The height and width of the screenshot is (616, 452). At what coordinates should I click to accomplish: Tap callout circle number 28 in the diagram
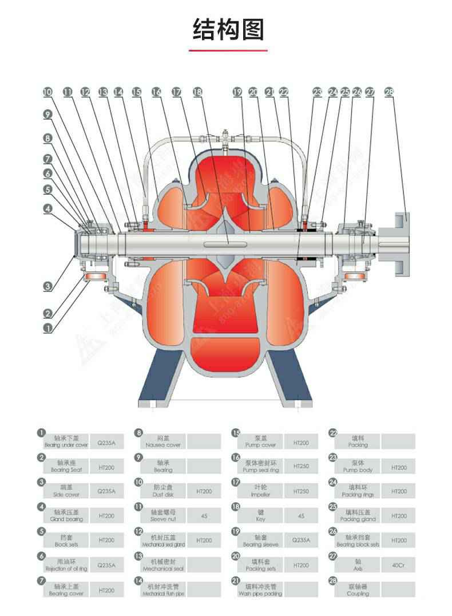[390, 92]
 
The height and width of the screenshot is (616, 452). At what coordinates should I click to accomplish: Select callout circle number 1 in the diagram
[48, 328]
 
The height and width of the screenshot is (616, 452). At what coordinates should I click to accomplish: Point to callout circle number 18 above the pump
[197, 92]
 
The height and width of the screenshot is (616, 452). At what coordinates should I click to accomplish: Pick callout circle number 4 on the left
[48, 208]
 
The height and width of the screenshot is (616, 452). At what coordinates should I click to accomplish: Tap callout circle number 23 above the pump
[318, 92]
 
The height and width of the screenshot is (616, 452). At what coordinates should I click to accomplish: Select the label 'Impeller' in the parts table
[260, 491]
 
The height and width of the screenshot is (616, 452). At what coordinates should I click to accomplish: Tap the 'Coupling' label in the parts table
[358, 590]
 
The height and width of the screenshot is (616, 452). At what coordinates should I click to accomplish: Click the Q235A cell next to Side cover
[106, 491]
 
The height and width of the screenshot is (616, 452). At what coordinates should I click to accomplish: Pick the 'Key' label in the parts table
[260, 515]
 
